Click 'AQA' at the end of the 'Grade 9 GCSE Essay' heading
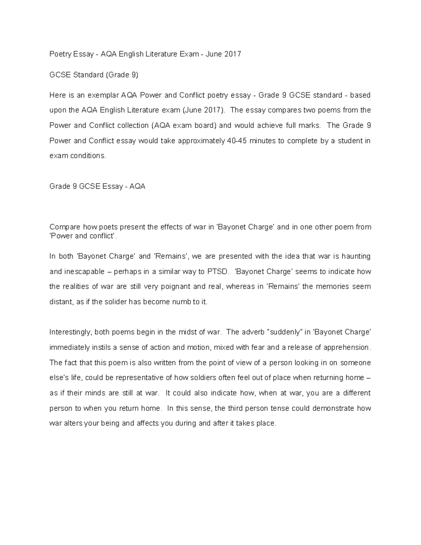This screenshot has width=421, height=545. coord(137,186)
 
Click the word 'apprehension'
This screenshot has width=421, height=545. coord(346,347)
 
